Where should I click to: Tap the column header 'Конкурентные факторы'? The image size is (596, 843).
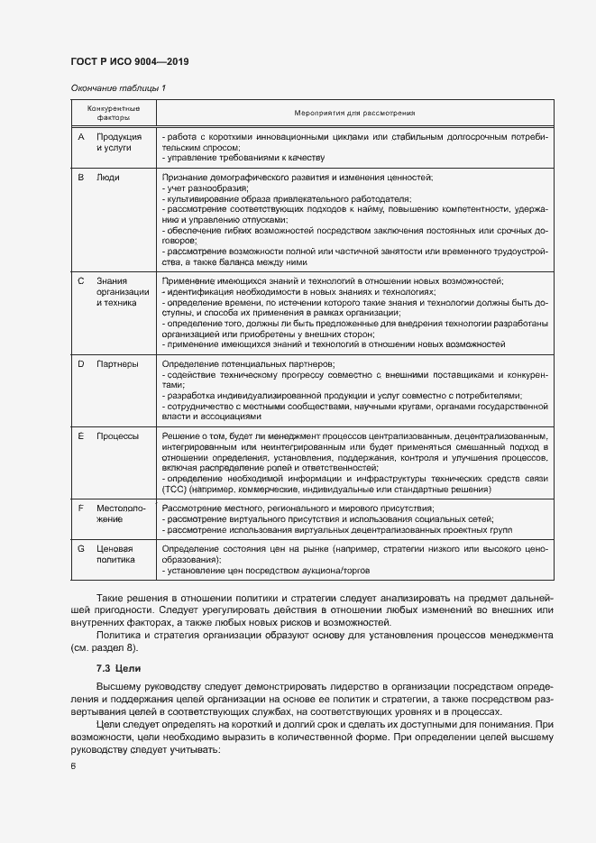coord(114,113)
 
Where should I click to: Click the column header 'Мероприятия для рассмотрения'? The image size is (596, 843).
coord(354,113)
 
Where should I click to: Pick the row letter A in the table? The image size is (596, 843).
coord(81,136)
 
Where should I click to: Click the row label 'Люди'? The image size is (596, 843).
coord(108,178)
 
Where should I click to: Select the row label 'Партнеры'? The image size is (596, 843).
coord(117,364)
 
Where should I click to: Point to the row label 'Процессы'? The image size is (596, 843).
coord(118,436)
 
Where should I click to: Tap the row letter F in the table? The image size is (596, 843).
coord(81,509)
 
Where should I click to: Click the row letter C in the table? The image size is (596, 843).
coord(81,282)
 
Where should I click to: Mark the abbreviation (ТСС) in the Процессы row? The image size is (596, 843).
coord(173,490)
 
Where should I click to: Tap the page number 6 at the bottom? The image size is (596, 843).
coord(73,766)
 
